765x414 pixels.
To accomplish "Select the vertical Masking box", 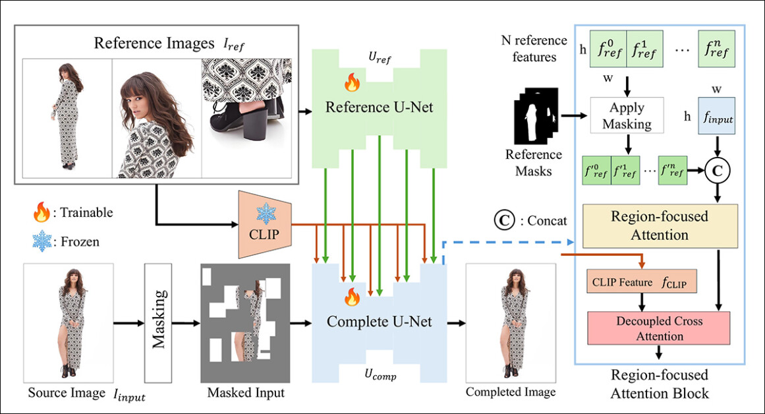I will click(x=157, y=322).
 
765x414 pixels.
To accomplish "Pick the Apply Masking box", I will click(x=627, y=115).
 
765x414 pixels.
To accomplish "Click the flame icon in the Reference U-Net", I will click(x=351, y=83).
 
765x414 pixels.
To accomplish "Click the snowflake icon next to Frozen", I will click(x=43, y=241).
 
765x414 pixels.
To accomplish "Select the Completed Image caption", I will click(x=511, y=392).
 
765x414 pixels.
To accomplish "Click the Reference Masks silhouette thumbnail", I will click(x=534, y=121).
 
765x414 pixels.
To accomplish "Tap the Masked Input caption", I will click(x=246, y=394).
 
